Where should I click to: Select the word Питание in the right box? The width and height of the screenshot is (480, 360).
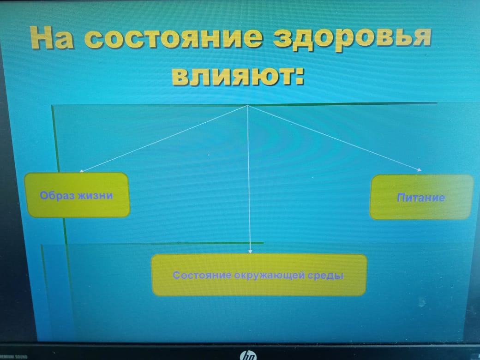click(x=421, y=198)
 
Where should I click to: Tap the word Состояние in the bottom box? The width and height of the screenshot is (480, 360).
click(x=202, y=276)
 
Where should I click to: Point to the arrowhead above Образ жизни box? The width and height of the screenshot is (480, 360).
click(x=81, y=171)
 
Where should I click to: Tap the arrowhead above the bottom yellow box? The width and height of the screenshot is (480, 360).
click(x=250, y=252)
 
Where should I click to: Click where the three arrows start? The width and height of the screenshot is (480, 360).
click(x=248, y=106)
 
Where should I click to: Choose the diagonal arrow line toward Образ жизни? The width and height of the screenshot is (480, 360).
click(x=164, y=138)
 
